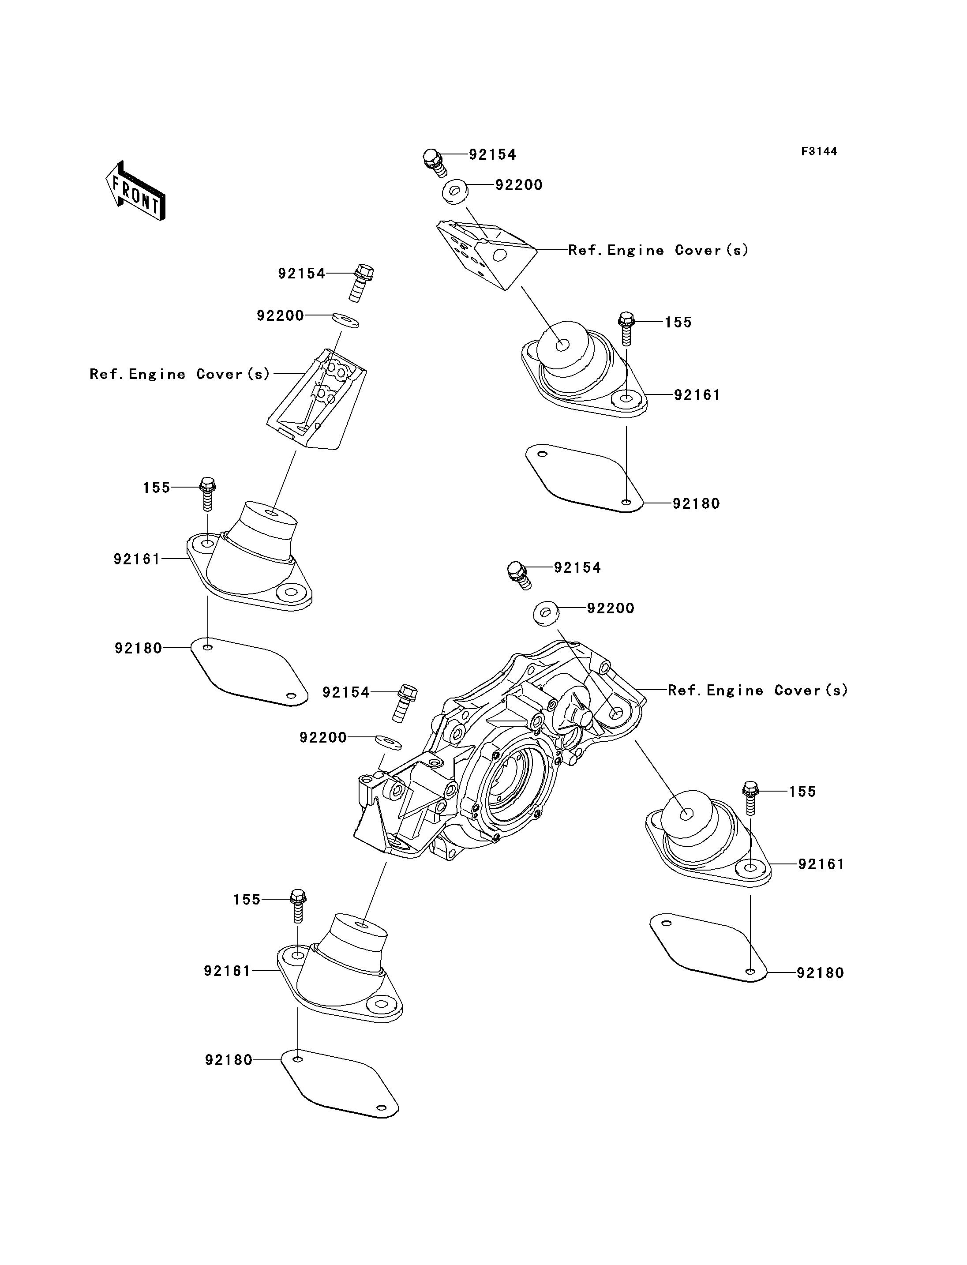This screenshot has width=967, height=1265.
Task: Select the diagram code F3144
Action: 819,151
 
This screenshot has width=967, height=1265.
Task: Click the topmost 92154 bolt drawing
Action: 435,162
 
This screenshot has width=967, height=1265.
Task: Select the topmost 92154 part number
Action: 492,154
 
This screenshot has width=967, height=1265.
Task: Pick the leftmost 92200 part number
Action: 280,315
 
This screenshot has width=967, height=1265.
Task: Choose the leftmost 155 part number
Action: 157,488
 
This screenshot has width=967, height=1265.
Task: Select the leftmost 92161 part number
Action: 137,559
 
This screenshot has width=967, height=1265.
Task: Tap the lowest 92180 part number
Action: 229,1060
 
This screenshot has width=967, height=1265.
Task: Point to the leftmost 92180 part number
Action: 138,648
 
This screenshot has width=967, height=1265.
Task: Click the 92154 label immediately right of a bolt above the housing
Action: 577,568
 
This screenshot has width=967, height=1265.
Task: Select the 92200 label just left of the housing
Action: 323,738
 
